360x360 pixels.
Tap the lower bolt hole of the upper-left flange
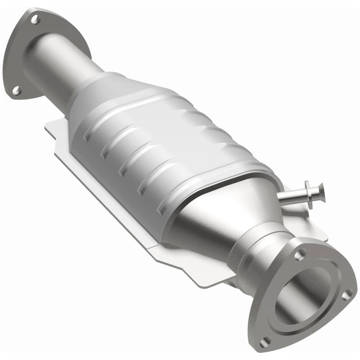coord(17,90)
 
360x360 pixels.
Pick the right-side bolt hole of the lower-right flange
coord(347,295)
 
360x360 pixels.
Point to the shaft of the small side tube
coord(290,196)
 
